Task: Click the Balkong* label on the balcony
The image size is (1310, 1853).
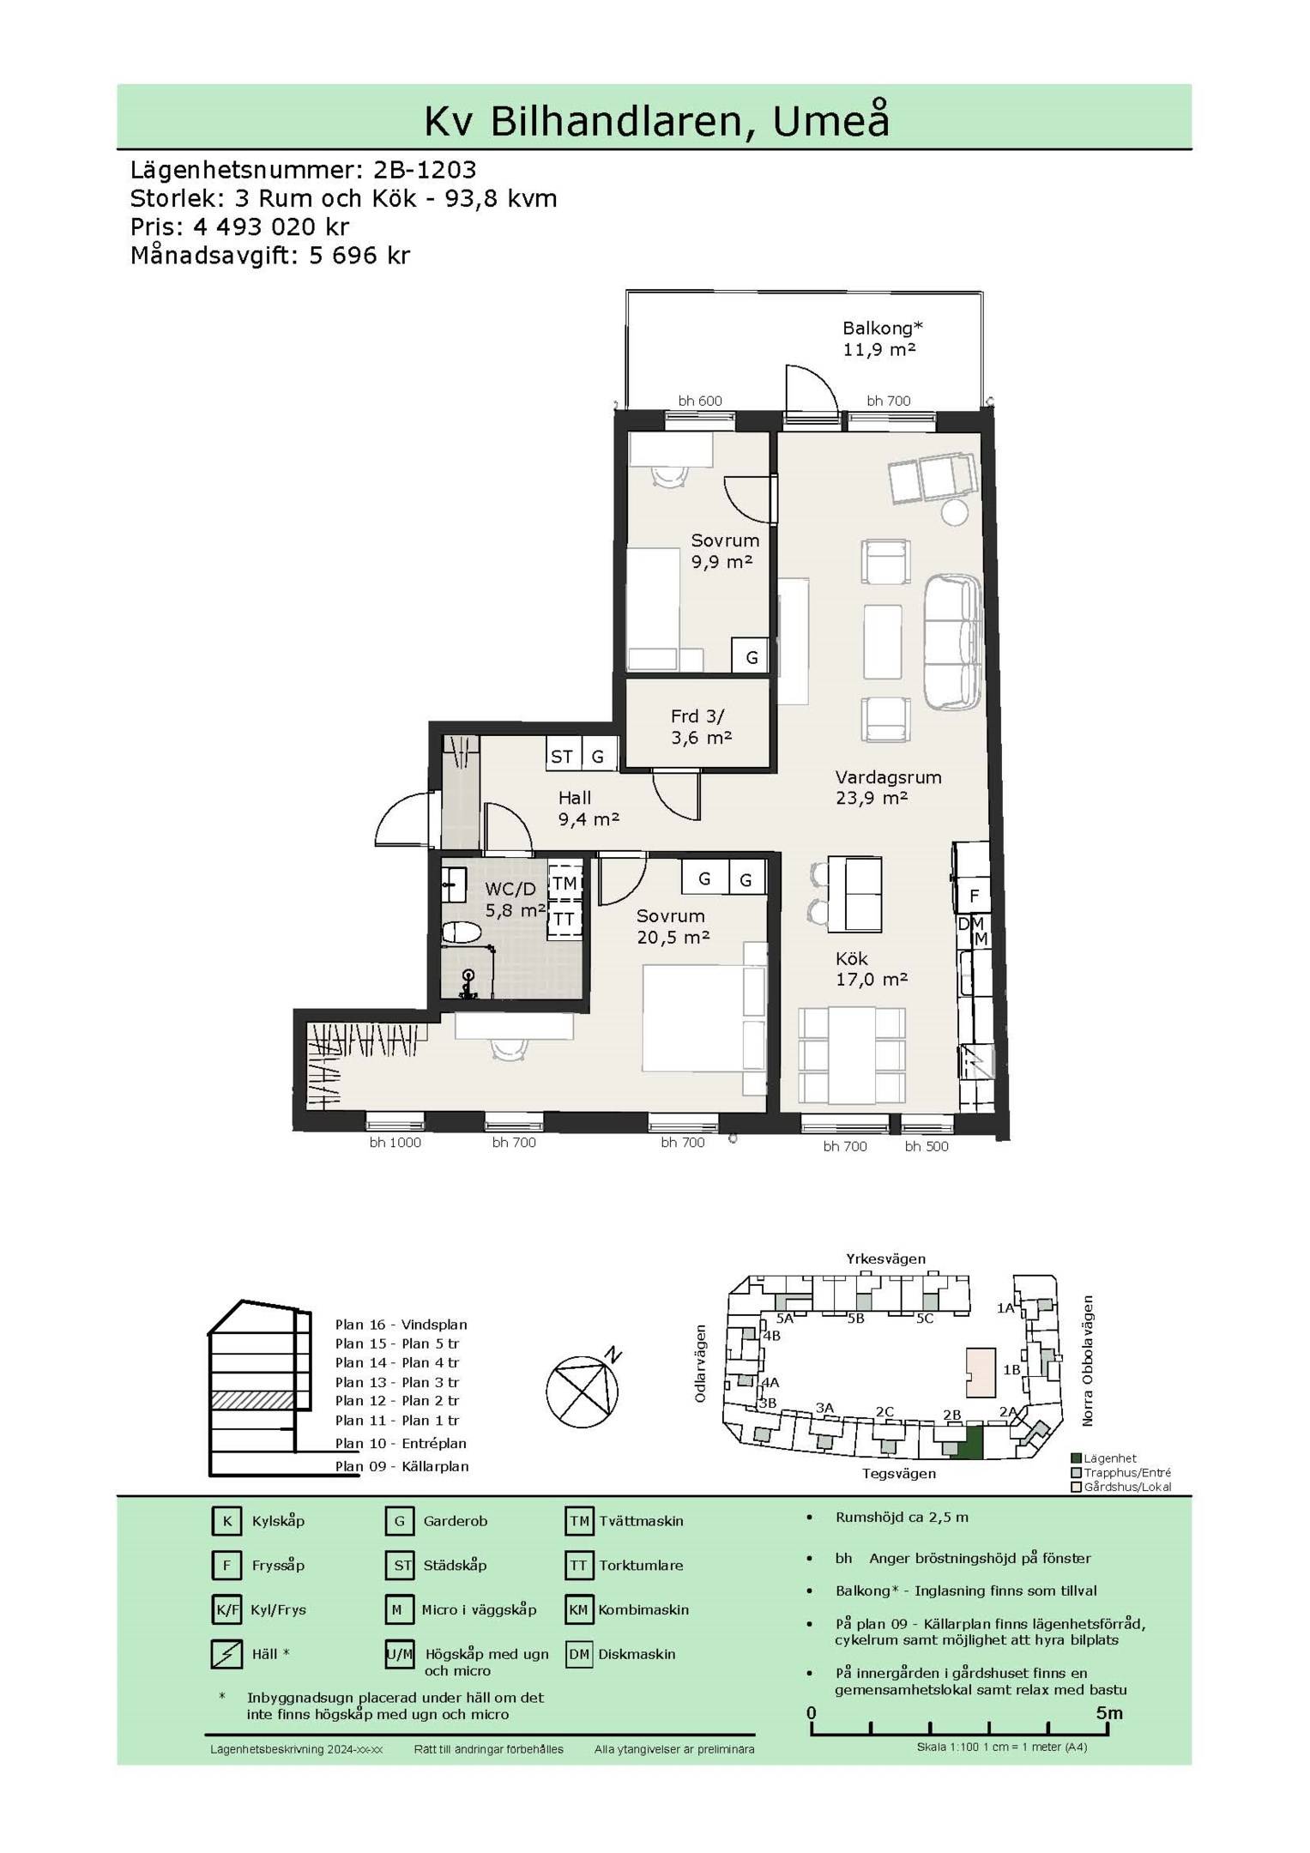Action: click(x=882, y=328)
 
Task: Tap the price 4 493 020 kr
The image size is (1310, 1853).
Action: click(x=272, y=226)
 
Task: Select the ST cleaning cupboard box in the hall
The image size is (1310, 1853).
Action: click(x=563, y=756)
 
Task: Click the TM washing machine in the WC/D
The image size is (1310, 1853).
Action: click(x=564, y=884)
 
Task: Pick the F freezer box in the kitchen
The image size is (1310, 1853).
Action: click(x=974, y=896)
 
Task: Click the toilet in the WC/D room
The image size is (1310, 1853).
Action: click(x=462, y=933)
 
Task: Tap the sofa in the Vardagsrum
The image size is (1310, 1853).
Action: click(x=953, y=642)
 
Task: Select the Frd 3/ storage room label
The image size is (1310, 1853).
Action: click(x=697, y=715)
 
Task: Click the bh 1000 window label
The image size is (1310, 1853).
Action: click(x=395, y=1143)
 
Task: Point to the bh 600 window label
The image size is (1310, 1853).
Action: click(x=700, y=401)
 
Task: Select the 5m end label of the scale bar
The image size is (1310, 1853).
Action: click(x=1109, y=1713)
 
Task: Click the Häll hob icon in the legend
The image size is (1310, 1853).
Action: click(x=226, y=1654)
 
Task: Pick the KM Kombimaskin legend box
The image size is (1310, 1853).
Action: click(x=579, y=1609)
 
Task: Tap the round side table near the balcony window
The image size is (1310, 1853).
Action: click(x=954, y=512)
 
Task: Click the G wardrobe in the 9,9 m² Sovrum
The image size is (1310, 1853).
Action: click(x=751, y=657)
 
